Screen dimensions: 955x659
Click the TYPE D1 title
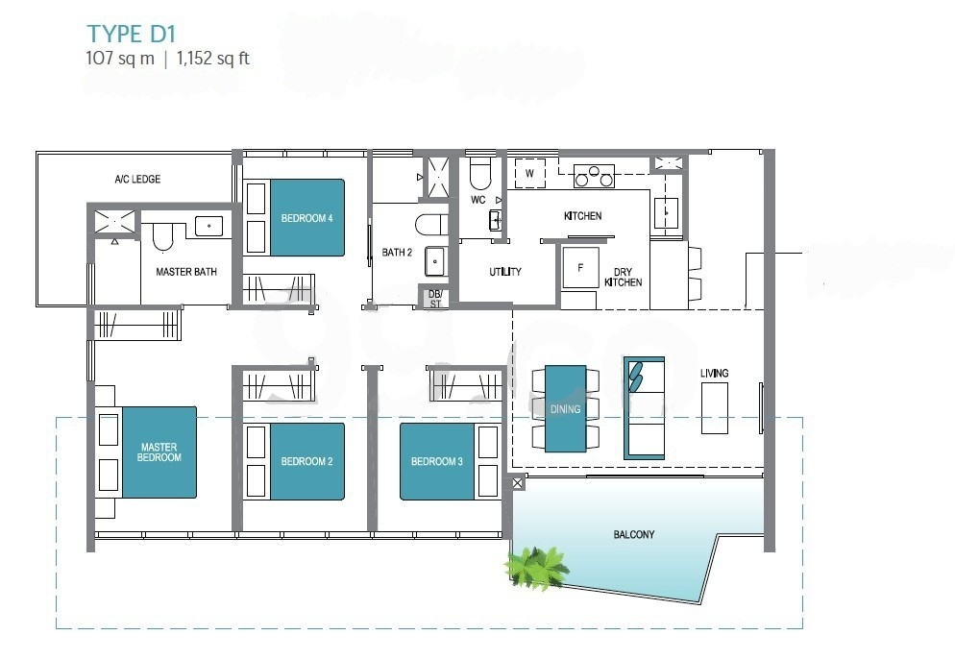(131, 35)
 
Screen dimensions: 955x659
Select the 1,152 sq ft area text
(213, 59)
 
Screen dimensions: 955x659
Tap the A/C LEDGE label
(137, 179)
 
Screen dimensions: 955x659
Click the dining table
(565, 408)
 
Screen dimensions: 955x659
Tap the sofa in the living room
(644, 408)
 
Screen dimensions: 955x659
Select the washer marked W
(530, 174)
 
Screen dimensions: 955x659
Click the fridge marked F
(580, 267)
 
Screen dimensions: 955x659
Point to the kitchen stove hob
(594, 176)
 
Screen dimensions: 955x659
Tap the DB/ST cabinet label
(435, 299)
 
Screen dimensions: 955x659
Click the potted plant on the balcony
(536, 568)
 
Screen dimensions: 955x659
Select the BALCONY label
(634, 535)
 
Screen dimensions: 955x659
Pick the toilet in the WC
(480, 174)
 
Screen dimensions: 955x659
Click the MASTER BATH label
(186, 272)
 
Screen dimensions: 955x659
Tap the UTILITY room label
(505, 272)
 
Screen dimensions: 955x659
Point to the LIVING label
(715, 374)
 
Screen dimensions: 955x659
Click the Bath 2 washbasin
(434, 261)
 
